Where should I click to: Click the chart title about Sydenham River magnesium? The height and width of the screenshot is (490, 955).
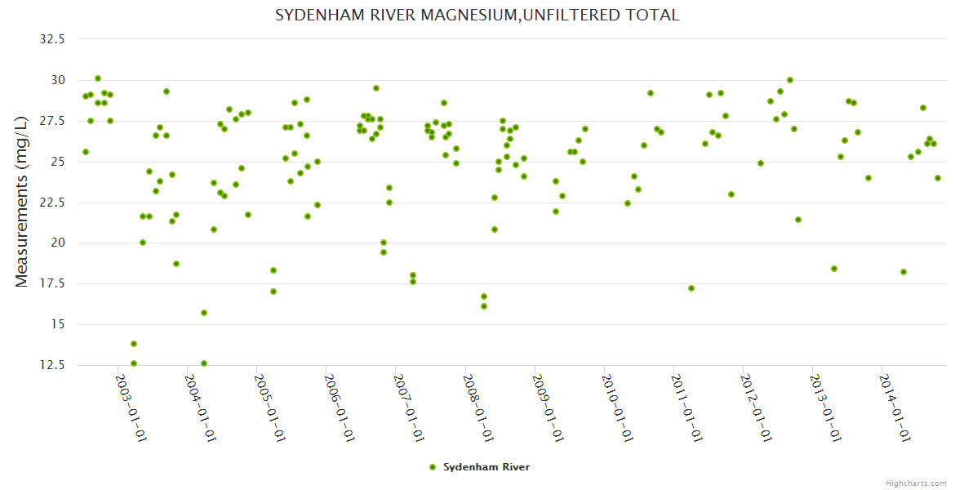coord(477,16)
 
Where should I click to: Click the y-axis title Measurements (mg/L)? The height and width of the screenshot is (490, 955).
coord(22,202)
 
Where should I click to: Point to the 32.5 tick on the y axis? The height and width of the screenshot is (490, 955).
coord(53,39)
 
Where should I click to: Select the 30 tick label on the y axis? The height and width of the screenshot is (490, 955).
coord(58,80)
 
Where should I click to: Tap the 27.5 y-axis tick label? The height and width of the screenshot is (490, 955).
coord(53,121)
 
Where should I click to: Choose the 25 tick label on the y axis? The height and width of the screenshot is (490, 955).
coord(58,162)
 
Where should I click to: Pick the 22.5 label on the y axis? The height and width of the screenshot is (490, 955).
coord(53,203)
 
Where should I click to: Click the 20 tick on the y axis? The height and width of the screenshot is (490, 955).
coord(58,243)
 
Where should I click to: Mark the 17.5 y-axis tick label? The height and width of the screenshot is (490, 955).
coord(53,284)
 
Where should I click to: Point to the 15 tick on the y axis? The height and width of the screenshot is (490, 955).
coord(58,324)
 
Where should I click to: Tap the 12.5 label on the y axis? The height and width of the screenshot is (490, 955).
coord(53,365)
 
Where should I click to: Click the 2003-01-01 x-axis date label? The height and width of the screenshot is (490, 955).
coord(131,408)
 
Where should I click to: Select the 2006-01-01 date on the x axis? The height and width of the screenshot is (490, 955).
coord(339,408)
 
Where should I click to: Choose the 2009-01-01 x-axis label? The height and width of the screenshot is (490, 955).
coord(548,408)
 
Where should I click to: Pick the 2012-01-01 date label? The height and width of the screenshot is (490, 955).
coord(757,408)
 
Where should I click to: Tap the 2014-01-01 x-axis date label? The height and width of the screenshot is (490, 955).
coord(895,408)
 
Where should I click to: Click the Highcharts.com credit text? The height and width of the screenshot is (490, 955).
coord(916,483)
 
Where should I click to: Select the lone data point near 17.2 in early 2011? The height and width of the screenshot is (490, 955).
coord(691,288)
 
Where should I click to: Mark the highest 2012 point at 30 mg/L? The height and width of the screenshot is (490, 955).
coord(790,80)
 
